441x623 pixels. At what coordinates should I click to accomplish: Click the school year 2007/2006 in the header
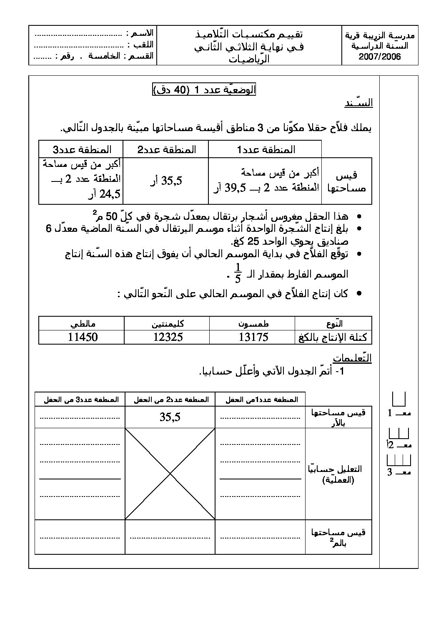[x=380, y=57]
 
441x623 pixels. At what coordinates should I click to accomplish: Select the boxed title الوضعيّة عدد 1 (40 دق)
[x=204, y=90]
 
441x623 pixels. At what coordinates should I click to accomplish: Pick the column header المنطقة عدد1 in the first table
[x=265, y=149]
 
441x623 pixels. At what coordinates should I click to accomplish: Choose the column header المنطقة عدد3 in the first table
[x=81, y=149]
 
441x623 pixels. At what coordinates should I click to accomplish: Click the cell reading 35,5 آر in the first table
[x=165, y=181]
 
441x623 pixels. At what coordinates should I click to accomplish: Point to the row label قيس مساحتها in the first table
[x=346, y=182]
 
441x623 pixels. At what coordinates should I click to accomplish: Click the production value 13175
[x=253, y=337]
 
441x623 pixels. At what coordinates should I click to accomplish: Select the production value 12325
[x=168, y=337]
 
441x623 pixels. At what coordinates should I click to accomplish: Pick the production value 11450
[x=83, y=337]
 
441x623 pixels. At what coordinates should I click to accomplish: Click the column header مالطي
[x=83, y=323]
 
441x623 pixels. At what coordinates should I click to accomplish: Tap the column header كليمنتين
[x=168, y=323]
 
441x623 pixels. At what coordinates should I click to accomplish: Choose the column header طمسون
[x=252, y=323]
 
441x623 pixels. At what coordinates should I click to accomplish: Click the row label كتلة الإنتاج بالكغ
[x=333, y=337]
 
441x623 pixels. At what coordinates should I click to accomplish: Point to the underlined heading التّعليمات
[x=352, y=358]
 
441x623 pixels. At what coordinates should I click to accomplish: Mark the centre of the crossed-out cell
[x=170, y=474]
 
